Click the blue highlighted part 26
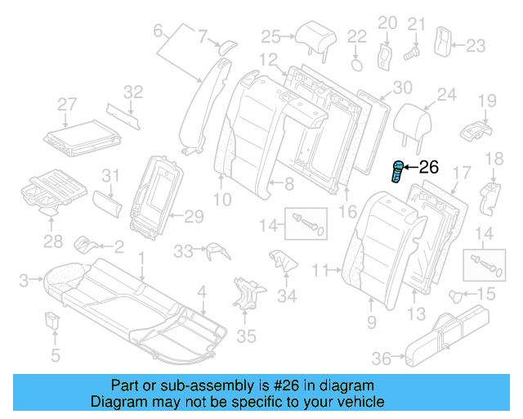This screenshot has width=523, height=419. click(x=398, y=173)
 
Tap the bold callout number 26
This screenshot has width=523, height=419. click(x=429, y=168)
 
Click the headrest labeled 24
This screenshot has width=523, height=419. click(x=414, y=124)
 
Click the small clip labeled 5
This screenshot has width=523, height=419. click(x=54, y=321)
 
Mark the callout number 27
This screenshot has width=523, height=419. click(x=67, y=104)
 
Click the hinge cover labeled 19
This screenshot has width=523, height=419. click(x=477, y=129)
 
